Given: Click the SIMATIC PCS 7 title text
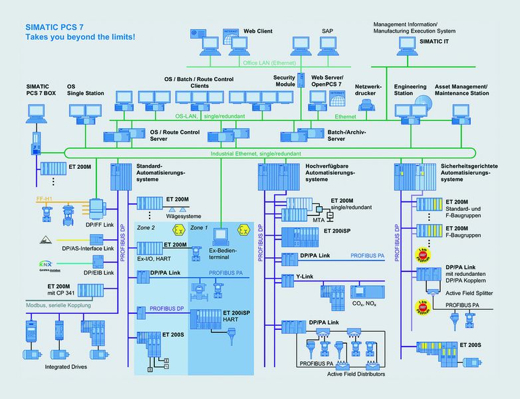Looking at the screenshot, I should pos(56,27).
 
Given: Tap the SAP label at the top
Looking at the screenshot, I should pos(327,31).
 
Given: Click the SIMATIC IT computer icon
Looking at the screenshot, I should pos(408,45).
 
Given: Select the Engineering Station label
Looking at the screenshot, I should pos(409,90).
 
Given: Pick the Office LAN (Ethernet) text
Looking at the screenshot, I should pos(269,63).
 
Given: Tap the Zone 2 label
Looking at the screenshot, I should pos(146,228).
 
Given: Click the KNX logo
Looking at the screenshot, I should pos(44,264).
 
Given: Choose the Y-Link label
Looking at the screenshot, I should pos(291,276).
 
